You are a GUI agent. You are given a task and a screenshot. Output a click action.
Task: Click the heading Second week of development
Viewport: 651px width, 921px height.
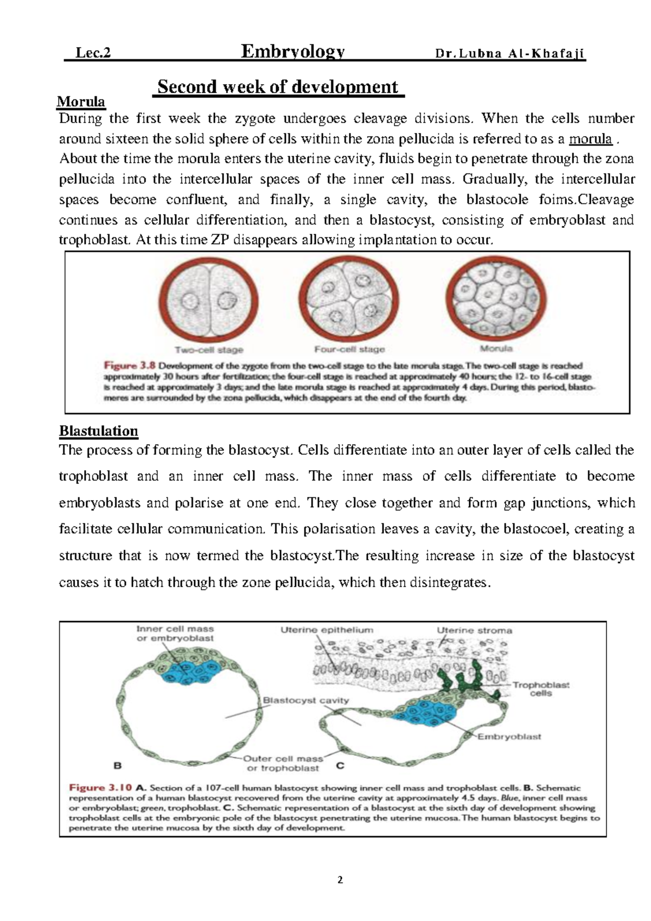[x=278, y=87]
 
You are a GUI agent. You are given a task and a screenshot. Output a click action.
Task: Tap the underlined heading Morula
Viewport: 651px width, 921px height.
[x=81, y=101]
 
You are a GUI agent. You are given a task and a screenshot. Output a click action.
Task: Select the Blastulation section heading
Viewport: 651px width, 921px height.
[x=98, y=431]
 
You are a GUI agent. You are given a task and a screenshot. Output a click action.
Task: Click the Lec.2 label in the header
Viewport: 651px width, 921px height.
[x=93, y=53]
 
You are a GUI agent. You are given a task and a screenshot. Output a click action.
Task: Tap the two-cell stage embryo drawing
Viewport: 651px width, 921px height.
[x=208, y=300]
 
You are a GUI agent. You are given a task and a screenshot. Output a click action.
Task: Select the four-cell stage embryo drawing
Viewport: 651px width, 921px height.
[x=348, y=300]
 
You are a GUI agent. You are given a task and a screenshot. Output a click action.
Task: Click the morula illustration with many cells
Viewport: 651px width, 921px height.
[x=496, y=300]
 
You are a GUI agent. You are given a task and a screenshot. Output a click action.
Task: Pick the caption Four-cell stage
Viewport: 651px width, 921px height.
[x=349, y=349]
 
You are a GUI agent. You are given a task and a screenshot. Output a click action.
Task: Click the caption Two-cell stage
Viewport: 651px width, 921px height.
[x=208, y=350]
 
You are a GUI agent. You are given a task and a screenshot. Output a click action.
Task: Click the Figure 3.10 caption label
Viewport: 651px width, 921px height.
[x=100, y=788]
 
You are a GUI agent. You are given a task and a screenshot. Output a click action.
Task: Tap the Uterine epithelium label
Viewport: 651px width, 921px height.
[x=327, y=630]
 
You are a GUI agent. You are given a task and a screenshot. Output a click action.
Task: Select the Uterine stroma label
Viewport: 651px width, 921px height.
[x=474, y=630]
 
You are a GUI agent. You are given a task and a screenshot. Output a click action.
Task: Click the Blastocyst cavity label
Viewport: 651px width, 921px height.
[x=305, y=700]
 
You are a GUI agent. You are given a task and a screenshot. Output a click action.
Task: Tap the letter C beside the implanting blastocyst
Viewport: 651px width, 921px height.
[x=340, y=766]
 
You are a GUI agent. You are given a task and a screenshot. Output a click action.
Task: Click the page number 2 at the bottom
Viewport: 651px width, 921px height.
[x=340, y=880]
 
